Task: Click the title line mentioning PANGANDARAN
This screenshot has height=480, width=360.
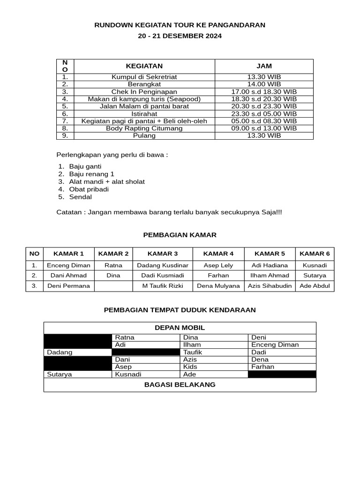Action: pos(180,25)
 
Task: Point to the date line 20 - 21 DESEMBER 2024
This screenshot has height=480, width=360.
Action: pos(180,36)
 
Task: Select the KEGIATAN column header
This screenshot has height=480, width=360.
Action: pos(144,66)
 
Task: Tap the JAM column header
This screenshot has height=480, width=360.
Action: pos(264,66)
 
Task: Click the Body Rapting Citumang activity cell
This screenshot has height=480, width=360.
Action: pos(144,128)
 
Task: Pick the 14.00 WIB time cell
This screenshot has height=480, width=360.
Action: pos(264,84)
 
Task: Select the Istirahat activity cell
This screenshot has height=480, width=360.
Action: pos(144,113)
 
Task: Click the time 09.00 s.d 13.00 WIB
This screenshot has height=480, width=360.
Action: pos(264,128)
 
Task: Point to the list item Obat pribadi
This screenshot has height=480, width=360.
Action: pos(89,189)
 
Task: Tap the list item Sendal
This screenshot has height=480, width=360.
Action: pos(80,197)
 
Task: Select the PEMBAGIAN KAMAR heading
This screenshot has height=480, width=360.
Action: pos(180,235)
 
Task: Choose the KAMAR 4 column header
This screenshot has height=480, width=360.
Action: pos(218,254)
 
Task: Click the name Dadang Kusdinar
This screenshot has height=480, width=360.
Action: pos(163,265)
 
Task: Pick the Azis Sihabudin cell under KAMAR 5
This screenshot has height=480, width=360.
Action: pos(270,285)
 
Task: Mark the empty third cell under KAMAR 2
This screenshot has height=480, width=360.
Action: pos(113,285)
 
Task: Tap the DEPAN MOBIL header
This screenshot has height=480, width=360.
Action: pos(180,328)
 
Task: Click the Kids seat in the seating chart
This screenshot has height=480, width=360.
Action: pos(190,367)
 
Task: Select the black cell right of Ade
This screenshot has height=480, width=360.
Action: pos(282,374)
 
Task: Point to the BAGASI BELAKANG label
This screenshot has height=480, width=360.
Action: pos(180,384)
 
